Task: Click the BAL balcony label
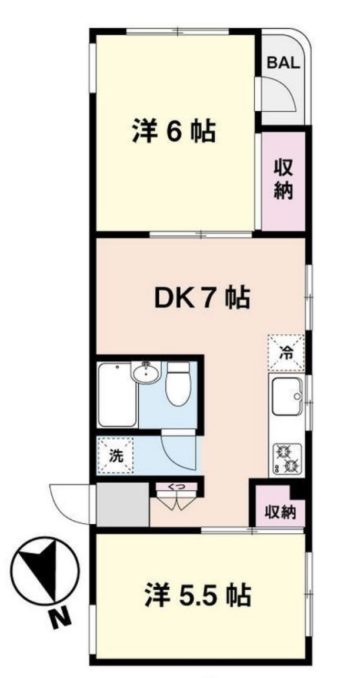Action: coord(284,63)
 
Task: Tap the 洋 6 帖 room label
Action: coord(172,132)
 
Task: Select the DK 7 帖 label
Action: coord(202,300)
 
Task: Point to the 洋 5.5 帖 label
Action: coord(198,596)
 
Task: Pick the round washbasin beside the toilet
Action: coord(146,373)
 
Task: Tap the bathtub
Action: coord(118,394)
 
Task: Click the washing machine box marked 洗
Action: coord(115,455)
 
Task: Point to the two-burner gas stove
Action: coord(286,459)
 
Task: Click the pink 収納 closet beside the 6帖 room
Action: coord(283,181)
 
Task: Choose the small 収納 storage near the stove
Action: coord(279,510)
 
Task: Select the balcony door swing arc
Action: coord(282,94)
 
